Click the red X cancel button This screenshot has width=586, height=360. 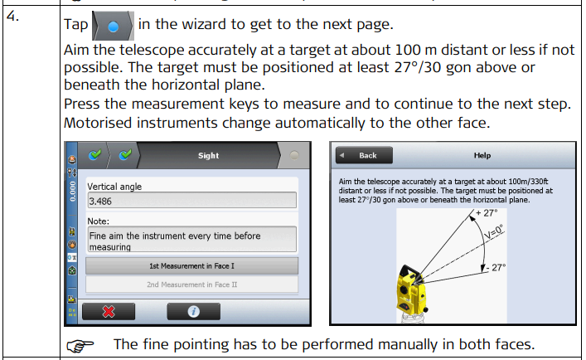click(x=109, y=311)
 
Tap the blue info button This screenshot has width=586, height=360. click(x=193, y=311)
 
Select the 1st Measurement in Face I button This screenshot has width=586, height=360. click(x=191, y=265)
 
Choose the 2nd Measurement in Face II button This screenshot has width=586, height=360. click(x=191, y=285)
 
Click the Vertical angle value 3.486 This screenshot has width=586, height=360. click(x=100, y=202)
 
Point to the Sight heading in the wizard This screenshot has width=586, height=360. click(x=208, y=155)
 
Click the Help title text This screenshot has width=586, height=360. click(x=482, y=155)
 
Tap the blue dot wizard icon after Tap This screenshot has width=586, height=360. click(x=113, y=27)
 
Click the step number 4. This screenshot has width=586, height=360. click(x=12, y=17)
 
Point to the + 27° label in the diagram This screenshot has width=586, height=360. click(x=487, y=213)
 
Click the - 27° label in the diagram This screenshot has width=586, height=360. click(x=496, y=268)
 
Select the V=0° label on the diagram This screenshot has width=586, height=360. click(x=494, y=231)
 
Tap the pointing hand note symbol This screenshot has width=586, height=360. click(x=80, y=345)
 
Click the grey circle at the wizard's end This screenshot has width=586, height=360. click(x=294, y=155)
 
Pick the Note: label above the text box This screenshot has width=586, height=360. click(x=99, y=221)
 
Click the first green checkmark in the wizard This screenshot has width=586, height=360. click(x=95, y=154)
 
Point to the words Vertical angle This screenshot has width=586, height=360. click(x=114, y=187)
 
